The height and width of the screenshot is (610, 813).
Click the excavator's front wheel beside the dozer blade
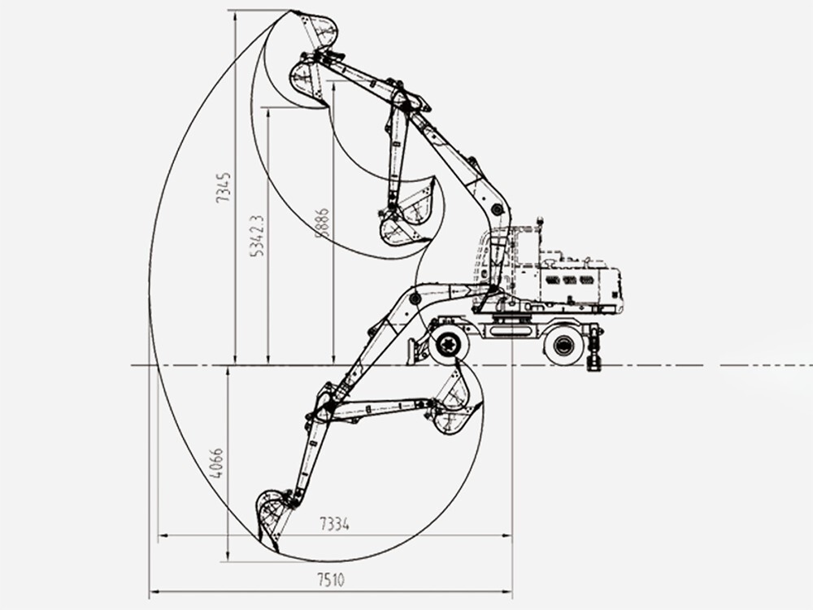pyautogui.click(x=448, y=345)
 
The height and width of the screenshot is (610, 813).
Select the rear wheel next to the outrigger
pyautogui.click(x=563, y=345)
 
